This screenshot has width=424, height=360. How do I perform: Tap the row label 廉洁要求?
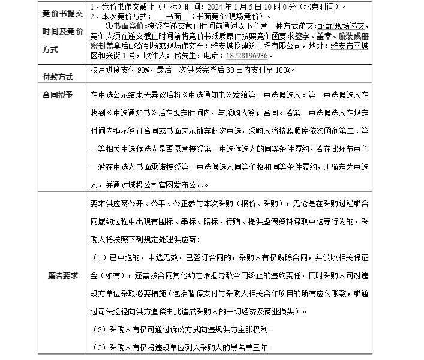point(63,276)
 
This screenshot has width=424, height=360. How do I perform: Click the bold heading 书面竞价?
point(128,26)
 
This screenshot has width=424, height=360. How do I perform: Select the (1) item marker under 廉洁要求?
point(100,257)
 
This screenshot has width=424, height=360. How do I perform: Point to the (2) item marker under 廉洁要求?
point(100,329)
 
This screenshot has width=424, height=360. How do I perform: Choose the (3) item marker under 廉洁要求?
point(100,347)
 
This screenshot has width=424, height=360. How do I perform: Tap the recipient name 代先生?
point(177,55)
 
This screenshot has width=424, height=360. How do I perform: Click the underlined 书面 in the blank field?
point(174,16)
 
